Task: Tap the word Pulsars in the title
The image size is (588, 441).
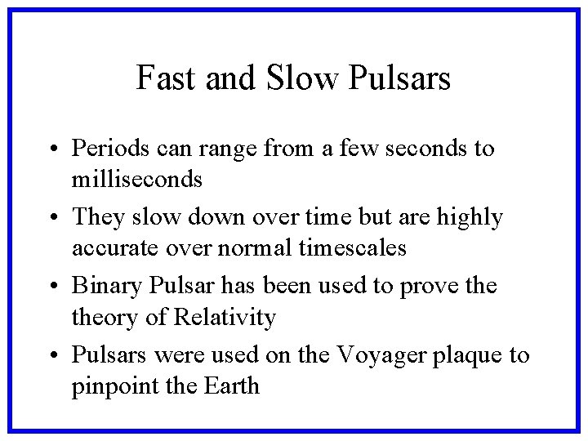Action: (x=399, y=78)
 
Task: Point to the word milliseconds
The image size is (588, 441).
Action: (x=136, y=178)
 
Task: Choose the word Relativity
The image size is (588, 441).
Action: (x=227, y=316)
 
